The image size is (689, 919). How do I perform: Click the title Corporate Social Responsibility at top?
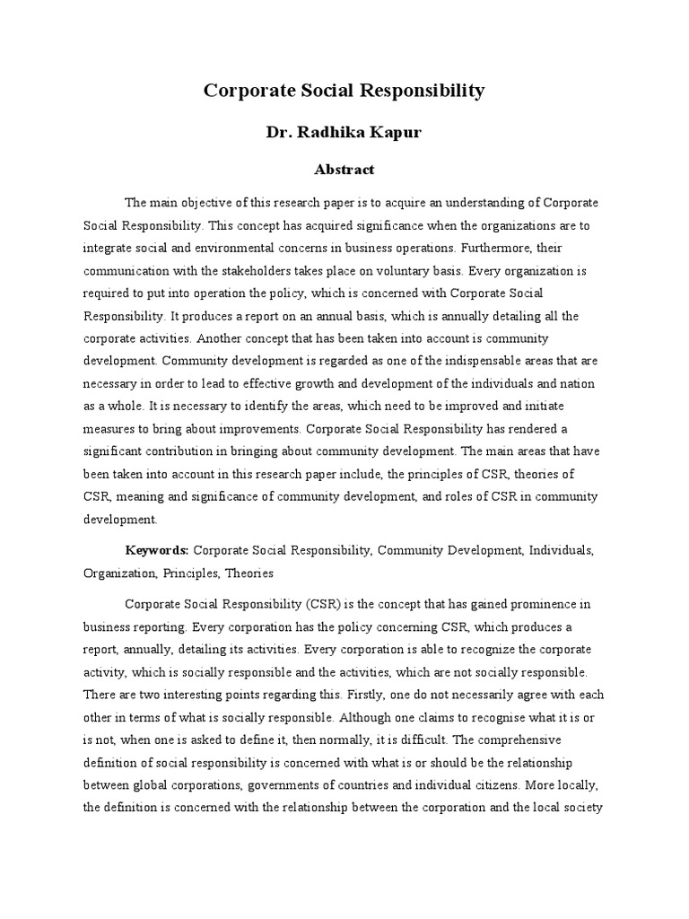[344, 91]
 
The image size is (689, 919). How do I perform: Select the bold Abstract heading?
[344, 169]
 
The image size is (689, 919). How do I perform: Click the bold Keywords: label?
[157, 549]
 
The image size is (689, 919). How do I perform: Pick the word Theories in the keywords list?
[249, 572]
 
